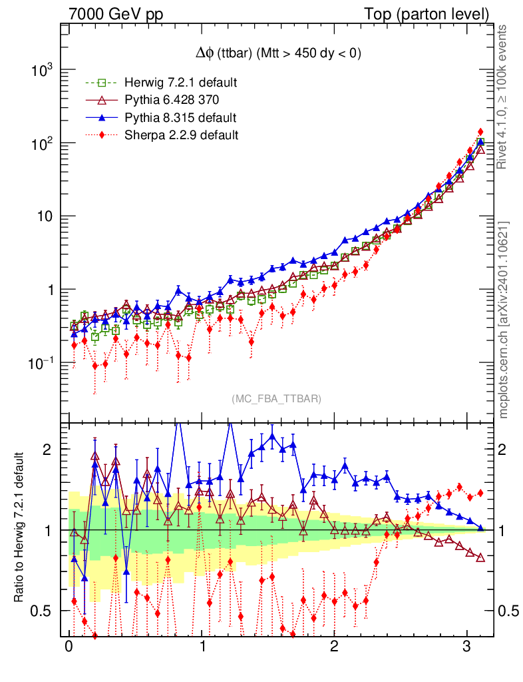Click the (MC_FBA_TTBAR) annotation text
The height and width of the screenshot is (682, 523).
tap(277, 399)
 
